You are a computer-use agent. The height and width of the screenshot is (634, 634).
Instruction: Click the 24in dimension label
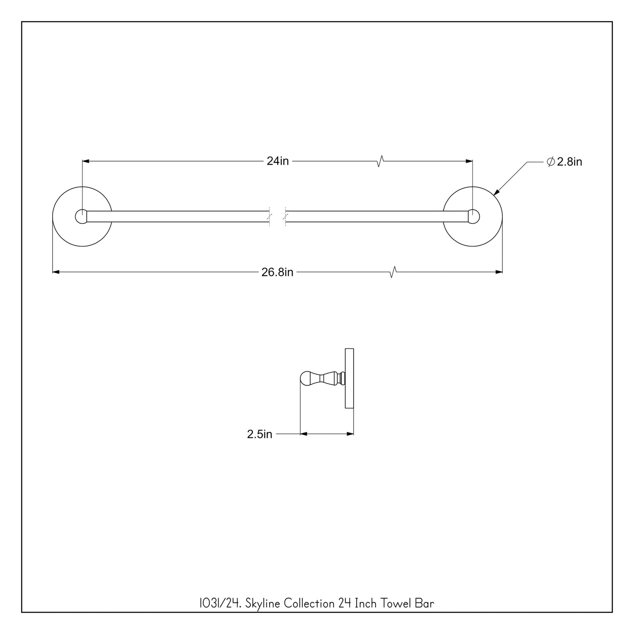[278, 161]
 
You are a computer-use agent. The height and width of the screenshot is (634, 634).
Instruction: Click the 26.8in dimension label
[277, 272]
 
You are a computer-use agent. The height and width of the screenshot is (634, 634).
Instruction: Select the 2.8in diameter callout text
[570, 162]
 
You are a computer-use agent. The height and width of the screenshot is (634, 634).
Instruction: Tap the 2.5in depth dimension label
[259, 434]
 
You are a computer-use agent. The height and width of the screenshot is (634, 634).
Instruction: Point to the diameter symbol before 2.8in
[551, 162]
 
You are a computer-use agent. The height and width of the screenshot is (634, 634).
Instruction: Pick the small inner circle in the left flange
[82, 216]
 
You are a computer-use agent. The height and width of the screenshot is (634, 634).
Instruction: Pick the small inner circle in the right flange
[473, 216]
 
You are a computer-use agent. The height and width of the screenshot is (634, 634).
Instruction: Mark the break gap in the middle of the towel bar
[277, 216]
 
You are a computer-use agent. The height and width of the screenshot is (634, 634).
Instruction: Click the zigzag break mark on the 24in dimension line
[380, 161]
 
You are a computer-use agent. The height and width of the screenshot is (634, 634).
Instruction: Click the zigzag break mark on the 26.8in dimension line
[393, 272]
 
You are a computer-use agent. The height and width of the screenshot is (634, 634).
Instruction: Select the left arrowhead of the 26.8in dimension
[56, 272]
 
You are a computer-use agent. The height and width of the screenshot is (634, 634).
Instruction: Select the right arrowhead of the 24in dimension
[469, 161]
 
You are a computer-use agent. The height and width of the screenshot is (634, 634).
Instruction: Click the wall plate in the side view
[349, 378]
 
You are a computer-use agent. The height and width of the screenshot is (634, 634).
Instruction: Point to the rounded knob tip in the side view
[305, 378]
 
